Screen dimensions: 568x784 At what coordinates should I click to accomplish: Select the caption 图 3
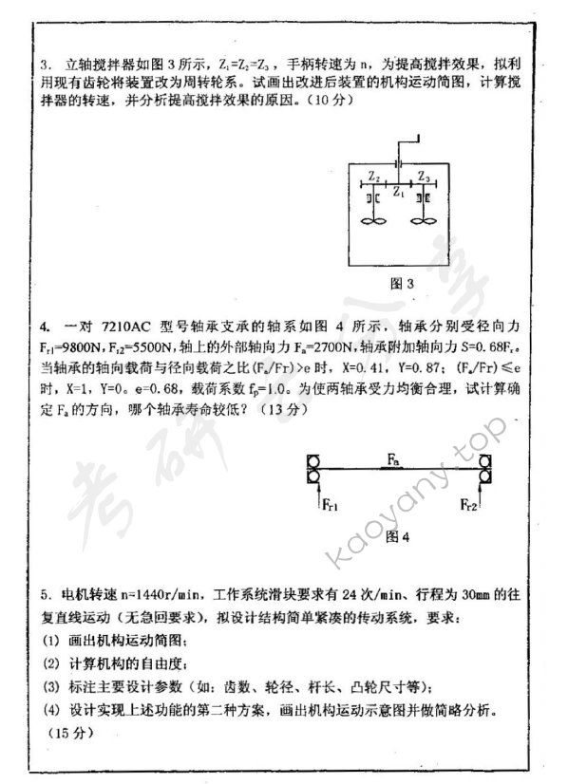(x=403, y=283)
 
